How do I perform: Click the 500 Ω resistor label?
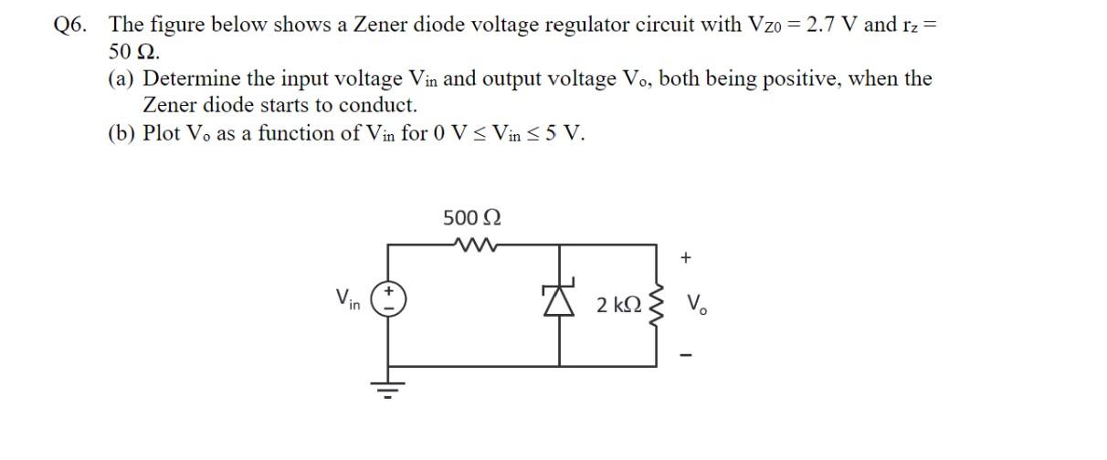[x=471, y=218]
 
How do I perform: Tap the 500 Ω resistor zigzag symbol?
[x=472, y=244]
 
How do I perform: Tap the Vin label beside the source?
[x=347, y=298]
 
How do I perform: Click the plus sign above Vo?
[x=686, y=258]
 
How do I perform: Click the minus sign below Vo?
[x=686, y=354]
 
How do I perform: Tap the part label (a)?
[x=122, y=78]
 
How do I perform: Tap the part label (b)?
[x=122, y=133]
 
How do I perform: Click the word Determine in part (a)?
[x=194, y=78]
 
